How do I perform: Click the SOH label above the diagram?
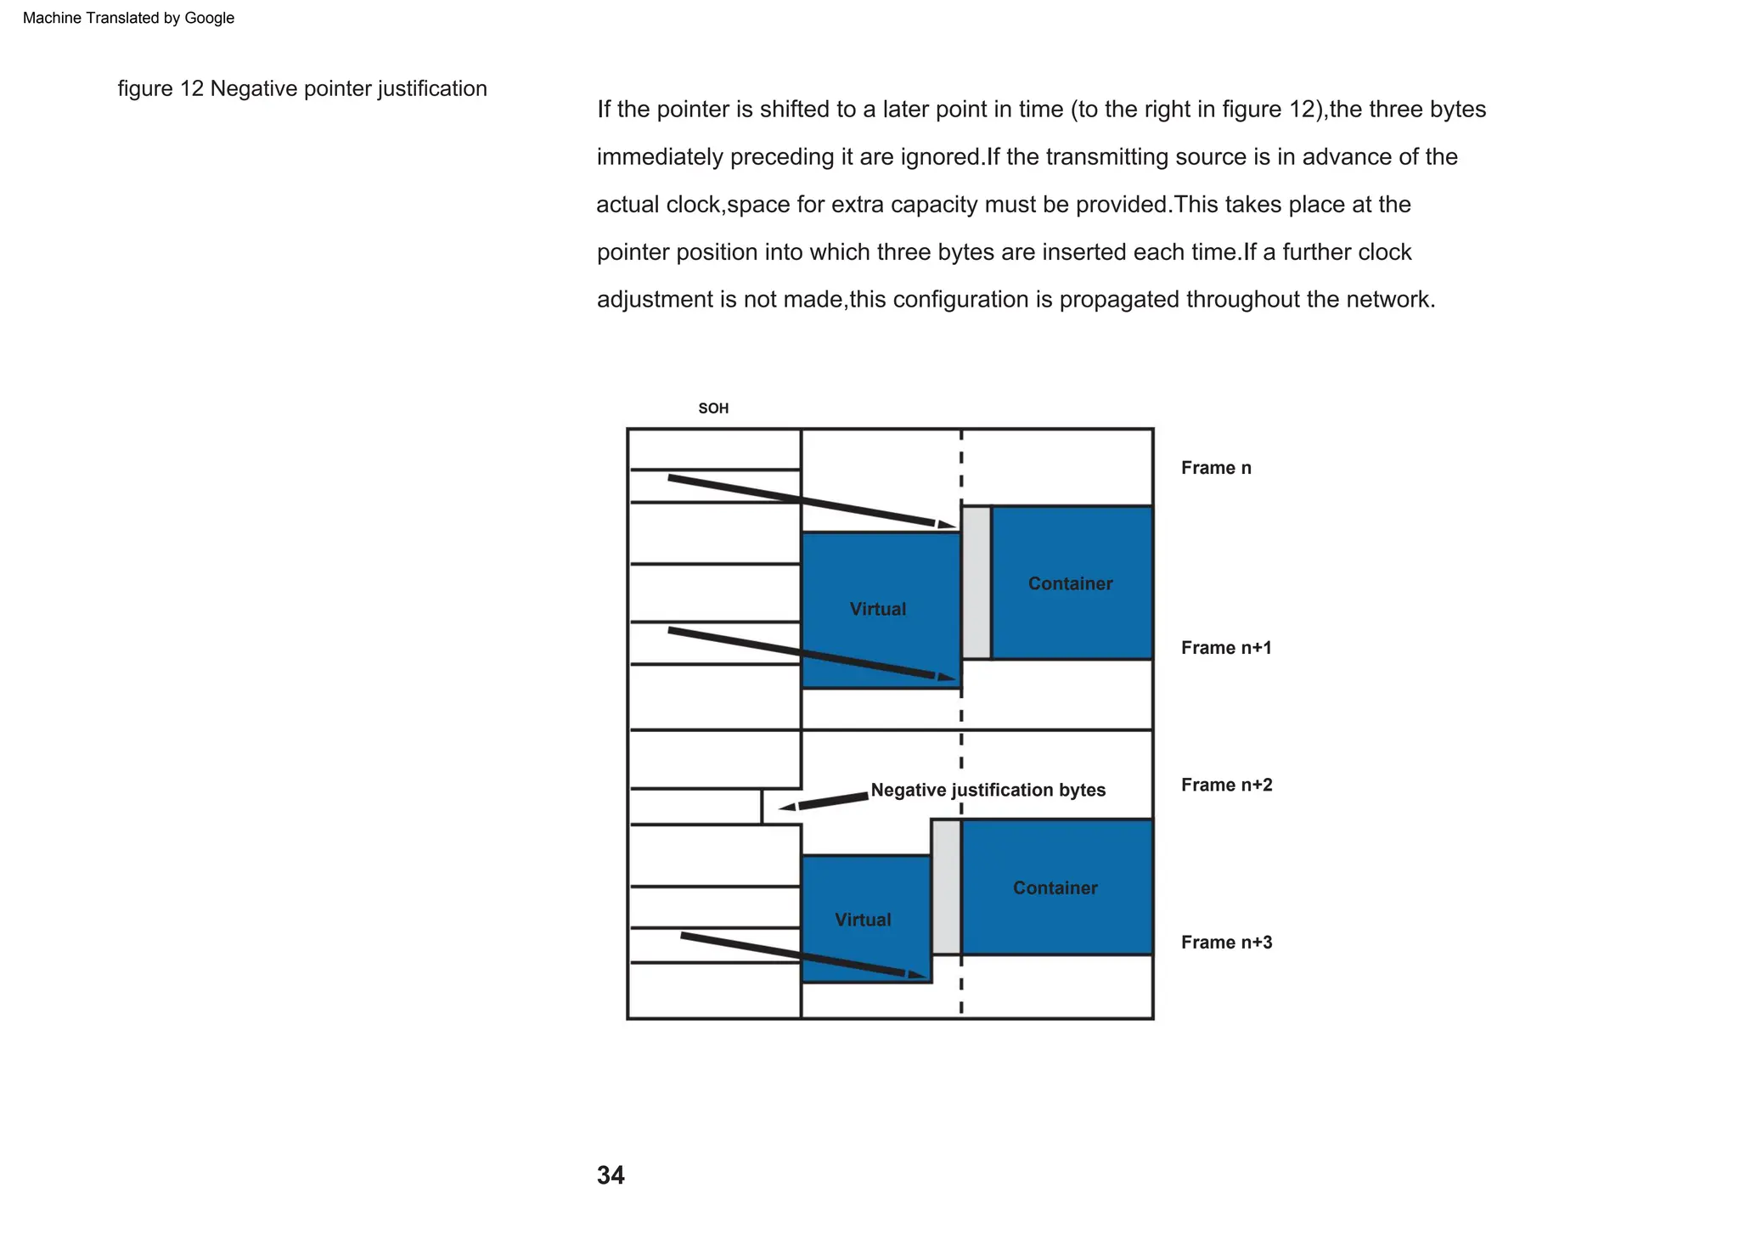[713, 408]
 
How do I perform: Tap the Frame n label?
[1216, 468]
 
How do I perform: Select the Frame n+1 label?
[1226, 648]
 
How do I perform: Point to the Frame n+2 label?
[1226, 785]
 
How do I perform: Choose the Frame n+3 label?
[1226, 942]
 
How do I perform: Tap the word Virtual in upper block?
[877, 609]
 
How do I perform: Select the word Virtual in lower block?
[863, 920]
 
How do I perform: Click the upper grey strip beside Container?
[976, 583]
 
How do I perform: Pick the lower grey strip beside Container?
[946, 887]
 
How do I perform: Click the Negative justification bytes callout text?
[988, 790]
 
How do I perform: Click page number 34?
[611, 1175]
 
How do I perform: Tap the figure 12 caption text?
[302, 88]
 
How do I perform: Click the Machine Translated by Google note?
[128, 18]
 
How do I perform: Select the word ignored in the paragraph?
[940, 157]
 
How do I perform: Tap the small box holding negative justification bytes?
[695, 806]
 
